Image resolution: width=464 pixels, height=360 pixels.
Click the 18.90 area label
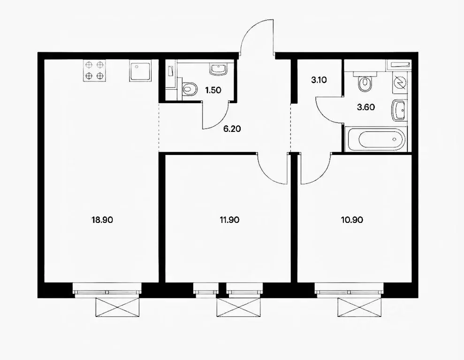pos(102,220)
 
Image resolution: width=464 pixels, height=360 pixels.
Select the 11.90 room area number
pos(229,220)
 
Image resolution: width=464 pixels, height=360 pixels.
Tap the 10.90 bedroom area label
pos(352,220)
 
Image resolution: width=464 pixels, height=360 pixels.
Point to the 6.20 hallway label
pos(232,129)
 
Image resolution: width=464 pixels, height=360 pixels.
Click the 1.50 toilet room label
pos(213,90)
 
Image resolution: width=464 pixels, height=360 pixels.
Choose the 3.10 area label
pos(319,80)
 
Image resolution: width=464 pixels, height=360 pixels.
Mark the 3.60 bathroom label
pos(366,107)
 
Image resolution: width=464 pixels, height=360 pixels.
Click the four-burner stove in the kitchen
pos(94,70)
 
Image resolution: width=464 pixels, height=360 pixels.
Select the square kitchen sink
pos(140,70)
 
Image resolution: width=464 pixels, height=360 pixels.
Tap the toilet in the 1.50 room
pos(190,88)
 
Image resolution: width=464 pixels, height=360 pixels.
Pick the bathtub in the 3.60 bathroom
pos(376,138)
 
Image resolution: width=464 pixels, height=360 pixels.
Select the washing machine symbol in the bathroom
pos(399,82)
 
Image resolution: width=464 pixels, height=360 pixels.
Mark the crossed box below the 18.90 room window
pos(117,307)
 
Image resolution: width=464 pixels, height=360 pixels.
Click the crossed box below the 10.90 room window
pos(359,307)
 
